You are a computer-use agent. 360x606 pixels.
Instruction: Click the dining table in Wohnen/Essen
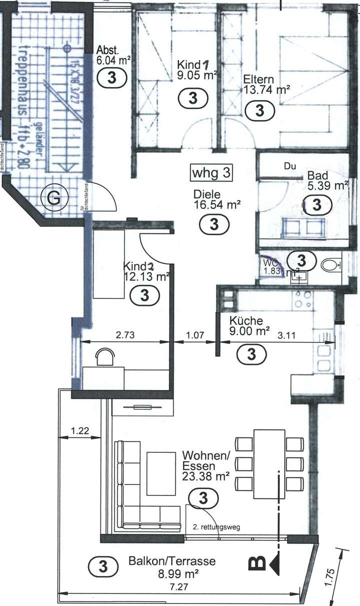(x=269, y=464)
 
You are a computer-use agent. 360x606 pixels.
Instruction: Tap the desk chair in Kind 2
(x=105, y=356)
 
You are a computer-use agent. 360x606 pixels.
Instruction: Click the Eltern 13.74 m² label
(x=266, y=84)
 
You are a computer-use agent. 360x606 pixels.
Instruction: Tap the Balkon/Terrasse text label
(x=171, y=561)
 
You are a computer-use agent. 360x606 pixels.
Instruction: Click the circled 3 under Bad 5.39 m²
(x=316, y=204)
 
